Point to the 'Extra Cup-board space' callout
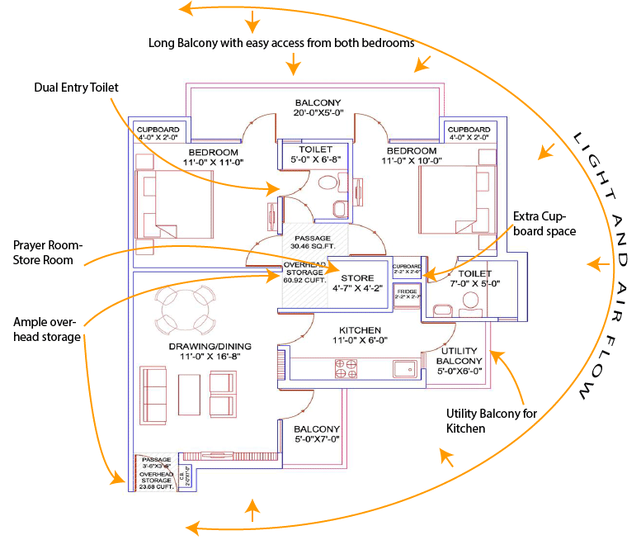tap(544, 224)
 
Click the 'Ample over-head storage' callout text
tap(47, 329)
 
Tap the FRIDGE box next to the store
tap(407, 295)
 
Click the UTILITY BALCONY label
tap(459, 362)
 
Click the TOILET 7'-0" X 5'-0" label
tap(475, 278)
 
